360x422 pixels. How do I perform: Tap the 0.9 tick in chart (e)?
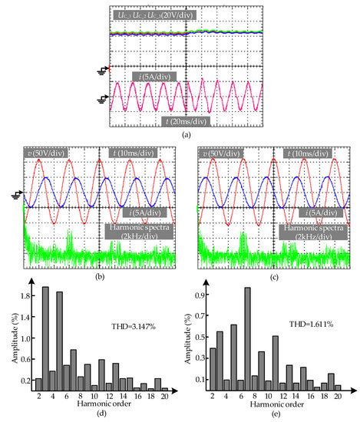(x=191, y=293)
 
